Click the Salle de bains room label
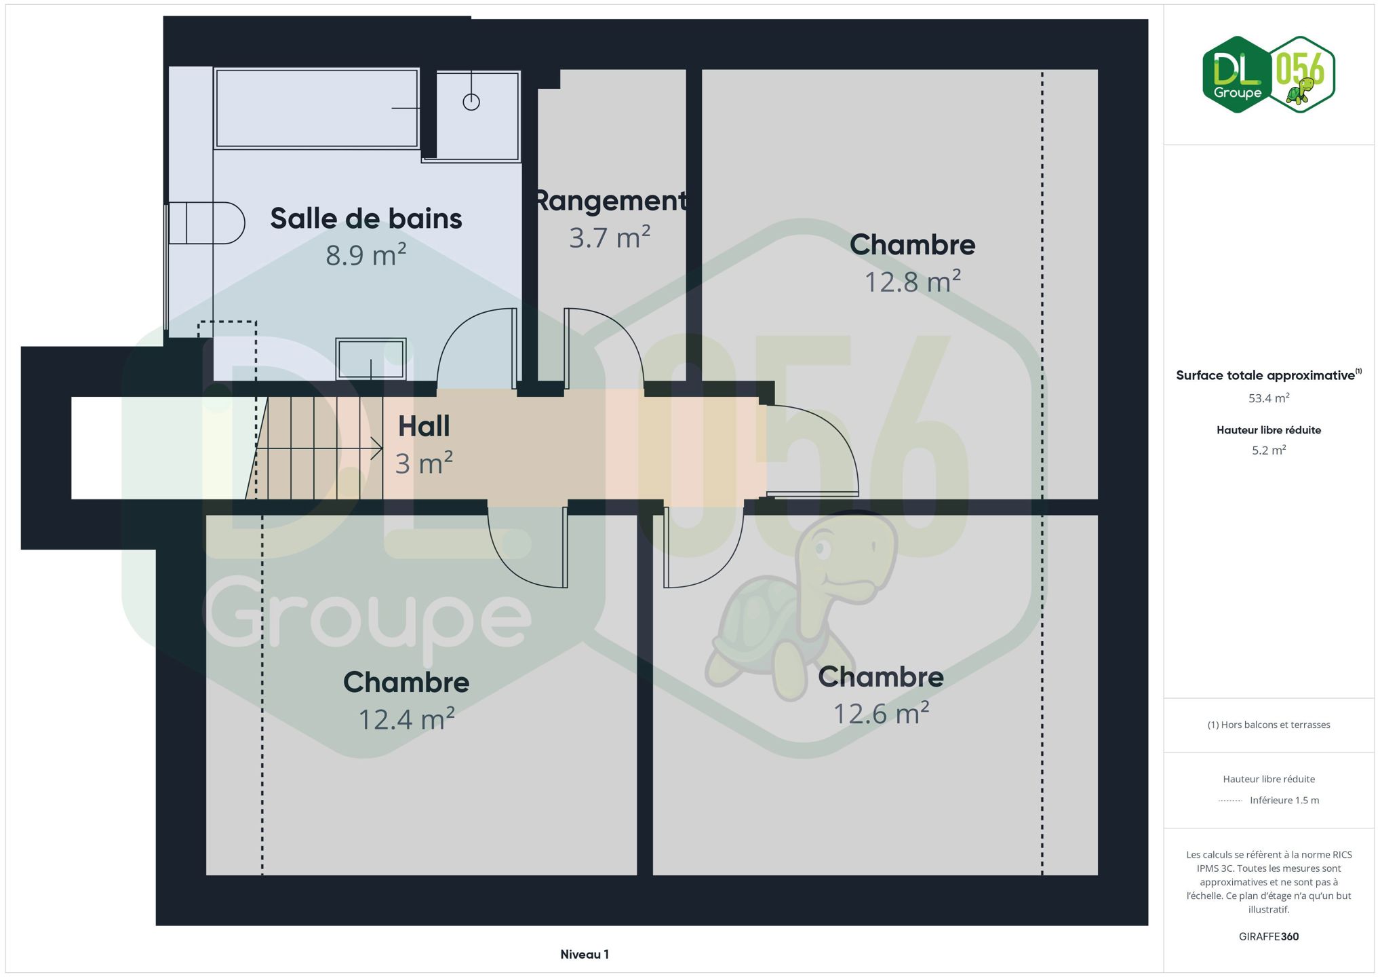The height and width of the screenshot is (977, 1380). pyautogui.click(x=366, y=218)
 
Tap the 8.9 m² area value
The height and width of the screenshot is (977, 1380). pyautogui.click(x=366, y=255)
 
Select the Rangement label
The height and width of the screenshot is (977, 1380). pyautogui.click(x=611, y=201)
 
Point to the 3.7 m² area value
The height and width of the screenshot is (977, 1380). pyautogui.click(x=610, y=237)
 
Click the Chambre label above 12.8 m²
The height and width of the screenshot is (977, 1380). pyautogui.click(x=912, y=245)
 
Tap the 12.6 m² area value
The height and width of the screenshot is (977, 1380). pyautogui.click(x=881, y=713)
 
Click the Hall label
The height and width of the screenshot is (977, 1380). pyautogui.click(x=424, y=426)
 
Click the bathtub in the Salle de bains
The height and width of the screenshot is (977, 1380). pyautogui.click(x=316, y=108)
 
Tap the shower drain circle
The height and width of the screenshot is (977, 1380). pyautogui.click(x=471, y=102)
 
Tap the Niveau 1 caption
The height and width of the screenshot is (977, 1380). pyautogui.click(x=585, y=955)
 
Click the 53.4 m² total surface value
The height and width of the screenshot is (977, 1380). pyautogui.click(x=1269, y=398)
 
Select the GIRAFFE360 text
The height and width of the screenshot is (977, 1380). pyautogui.click(x=1269, y=937)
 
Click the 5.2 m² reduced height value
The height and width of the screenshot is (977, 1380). pyautogui.click(x=1269, y=451)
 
